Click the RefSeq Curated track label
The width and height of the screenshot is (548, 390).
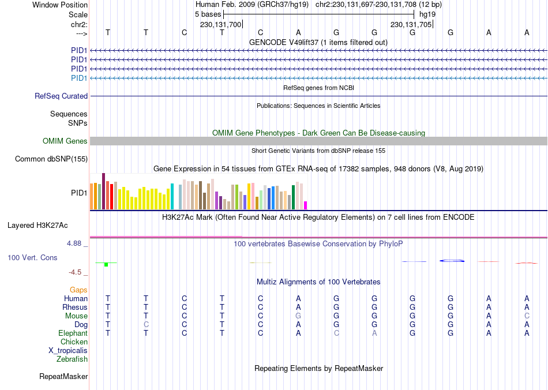click(x=61, y=96)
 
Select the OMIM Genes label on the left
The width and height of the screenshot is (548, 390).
click(x=65, y=141)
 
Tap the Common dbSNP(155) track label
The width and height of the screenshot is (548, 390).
click(x=51, y=159)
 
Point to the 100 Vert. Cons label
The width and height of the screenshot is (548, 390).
click(x=32, y=257)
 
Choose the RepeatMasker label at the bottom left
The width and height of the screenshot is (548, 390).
click(x=63, y=377)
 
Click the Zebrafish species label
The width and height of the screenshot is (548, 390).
click(x=72, y=359)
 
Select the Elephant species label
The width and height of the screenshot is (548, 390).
click(x=73, y=333)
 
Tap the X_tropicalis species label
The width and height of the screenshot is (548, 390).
click(x=68, y=351)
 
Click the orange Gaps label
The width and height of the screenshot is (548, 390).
click(x=78, y=290)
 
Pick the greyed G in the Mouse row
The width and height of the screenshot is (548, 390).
click(x=298, y=316)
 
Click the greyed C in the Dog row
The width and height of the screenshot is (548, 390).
click(x=146, y=325)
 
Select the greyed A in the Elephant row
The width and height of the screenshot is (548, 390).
click(x=374, y=333)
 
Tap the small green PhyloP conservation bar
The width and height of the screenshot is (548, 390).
click(x=106, y=265)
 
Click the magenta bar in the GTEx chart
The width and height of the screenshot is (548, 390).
click(x=305, y=205)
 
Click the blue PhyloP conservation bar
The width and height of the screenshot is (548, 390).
click(x=452, y=261)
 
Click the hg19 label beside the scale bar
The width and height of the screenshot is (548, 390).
click(x=427, y=14)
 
